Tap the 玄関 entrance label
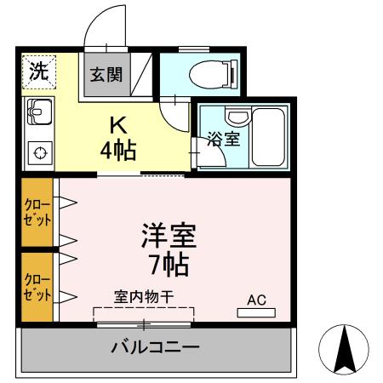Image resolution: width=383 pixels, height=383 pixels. click(106, 74)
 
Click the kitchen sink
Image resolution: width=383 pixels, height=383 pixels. click(38, 111)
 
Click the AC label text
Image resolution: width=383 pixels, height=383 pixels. click(257, 300)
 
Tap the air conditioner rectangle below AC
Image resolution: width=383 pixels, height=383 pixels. click(256, 313)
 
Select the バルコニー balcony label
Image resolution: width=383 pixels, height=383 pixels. click(155, 347)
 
